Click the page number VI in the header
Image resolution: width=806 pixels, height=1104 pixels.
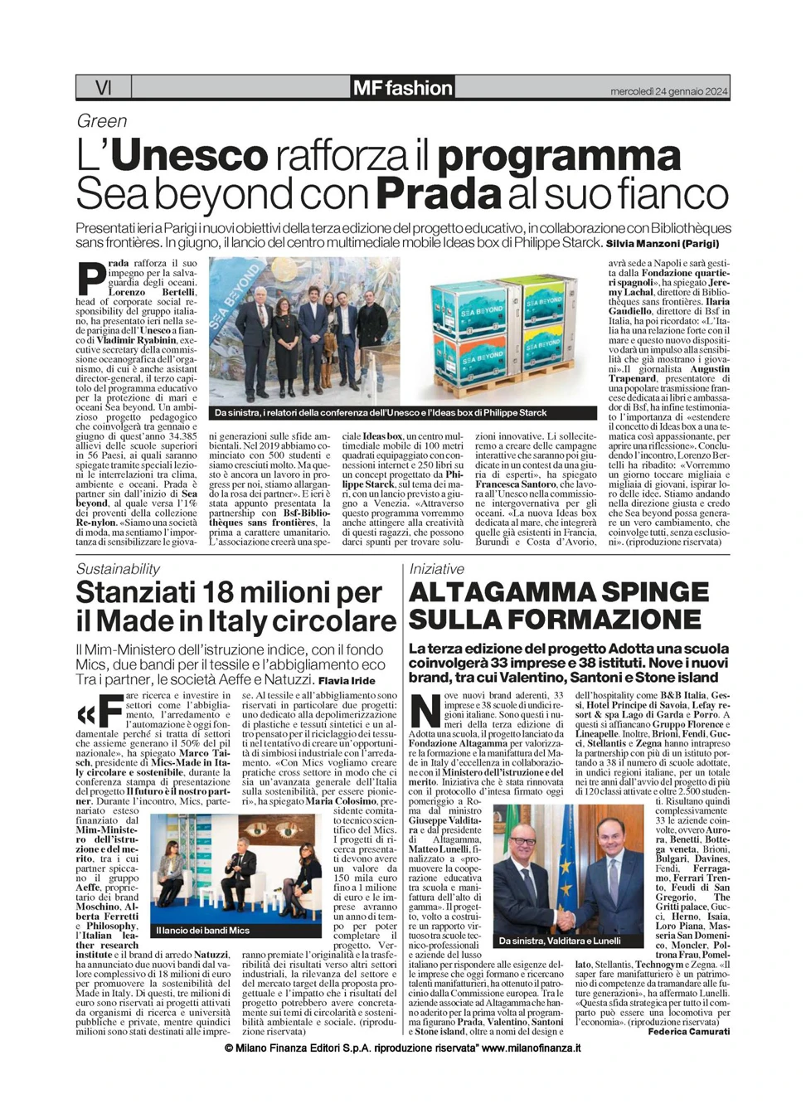click(x=104, y=87)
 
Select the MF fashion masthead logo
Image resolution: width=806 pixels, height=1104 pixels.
click(x=402, y=88)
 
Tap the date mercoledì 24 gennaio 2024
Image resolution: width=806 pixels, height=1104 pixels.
click(x=669, y=90)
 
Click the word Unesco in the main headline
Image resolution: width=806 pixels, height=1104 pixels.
click(x=189, y=156)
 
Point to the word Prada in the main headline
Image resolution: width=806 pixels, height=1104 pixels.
click(x=439, y=194)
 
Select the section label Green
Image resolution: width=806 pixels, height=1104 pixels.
click(x=102, y=121)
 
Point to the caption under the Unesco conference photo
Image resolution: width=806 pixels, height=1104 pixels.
click(x=381, y=413)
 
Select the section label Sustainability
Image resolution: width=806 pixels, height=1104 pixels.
click(x=118, y=569)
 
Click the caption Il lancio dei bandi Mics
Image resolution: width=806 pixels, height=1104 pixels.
click(x=202, y=930)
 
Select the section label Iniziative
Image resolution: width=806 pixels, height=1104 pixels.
click(x=436, y=569)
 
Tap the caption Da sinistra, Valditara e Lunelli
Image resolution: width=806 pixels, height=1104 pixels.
click(x=560, y=941)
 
